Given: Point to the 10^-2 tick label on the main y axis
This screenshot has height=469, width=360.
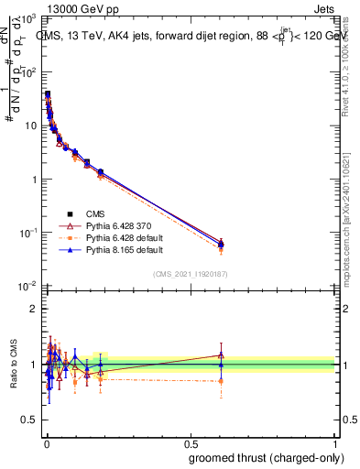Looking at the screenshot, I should tap(29, 287).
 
